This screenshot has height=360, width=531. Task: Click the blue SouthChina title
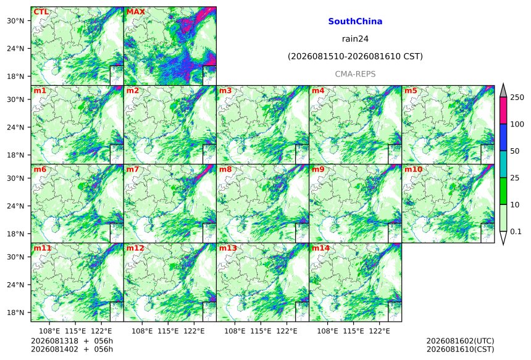coord(355,22)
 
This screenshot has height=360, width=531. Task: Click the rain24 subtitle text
coord(355,39)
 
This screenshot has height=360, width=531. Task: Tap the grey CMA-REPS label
coord(355,74)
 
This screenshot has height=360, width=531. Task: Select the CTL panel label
coord(41,12)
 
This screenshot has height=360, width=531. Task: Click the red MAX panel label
coord(135,12)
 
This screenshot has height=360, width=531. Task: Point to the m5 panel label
coord(411,91)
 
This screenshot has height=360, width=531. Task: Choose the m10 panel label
coord(414,169)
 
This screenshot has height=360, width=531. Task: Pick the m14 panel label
coord(320,248)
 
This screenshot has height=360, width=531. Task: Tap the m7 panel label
coord(133,169)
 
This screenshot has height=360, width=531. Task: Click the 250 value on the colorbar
coord(517,98)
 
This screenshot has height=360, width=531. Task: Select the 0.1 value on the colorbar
coord(516,232)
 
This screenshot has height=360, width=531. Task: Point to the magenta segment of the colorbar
coord(503,111)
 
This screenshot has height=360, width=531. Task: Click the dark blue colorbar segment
coord(503,137)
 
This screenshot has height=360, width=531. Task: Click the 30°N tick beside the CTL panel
coord(15,21)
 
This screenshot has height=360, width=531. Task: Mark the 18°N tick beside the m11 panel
coord(15,312)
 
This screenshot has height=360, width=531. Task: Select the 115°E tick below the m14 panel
coord(354,331)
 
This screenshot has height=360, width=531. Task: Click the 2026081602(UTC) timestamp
coord(460,341)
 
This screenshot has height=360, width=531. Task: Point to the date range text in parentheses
coord(355,56)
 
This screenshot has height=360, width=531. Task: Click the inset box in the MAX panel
coord(209,75)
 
